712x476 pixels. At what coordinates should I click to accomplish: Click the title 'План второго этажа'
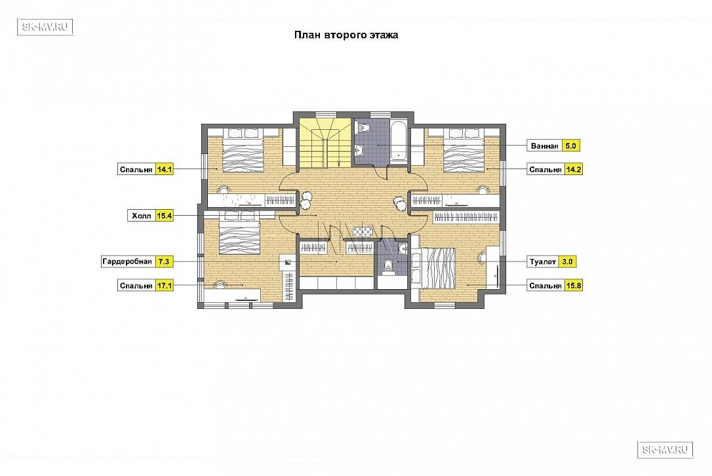tap(346, 35)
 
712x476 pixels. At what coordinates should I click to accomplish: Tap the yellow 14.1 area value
tap(165, 169)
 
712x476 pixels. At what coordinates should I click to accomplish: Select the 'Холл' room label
tap(141, 216)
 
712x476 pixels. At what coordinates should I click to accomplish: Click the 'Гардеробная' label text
tap(127, 262)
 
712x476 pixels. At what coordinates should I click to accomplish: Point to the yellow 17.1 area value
tap(165, 286)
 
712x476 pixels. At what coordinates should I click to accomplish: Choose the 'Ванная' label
tap(544, 146)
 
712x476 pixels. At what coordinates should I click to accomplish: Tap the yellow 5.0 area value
tap(571, 146)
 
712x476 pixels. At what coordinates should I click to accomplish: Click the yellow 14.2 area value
tap(574, 169)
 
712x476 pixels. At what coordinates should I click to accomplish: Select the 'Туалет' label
tap(543, 262)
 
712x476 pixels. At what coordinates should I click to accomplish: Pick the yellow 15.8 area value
tap(574, 286)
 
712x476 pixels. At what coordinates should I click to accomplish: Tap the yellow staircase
tap(325, 143)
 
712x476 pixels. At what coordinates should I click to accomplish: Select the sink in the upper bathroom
tap(360, 149)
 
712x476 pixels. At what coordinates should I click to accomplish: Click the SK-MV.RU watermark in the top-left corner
tap(45, 27)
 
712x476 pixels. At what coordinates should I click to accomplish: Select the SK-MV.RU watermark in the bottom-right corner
tap(665, 449)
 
